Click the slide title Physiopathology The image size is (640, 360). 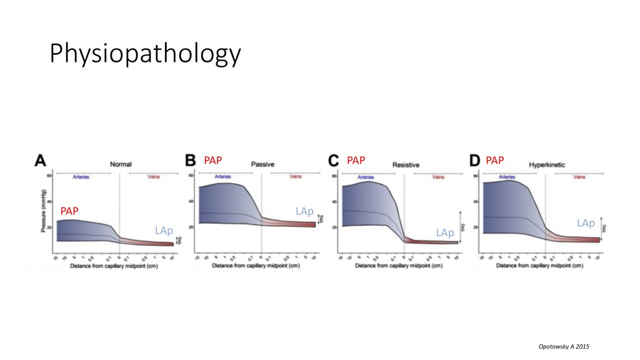[144, 54]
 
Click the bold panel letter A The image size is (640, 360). [40, 161]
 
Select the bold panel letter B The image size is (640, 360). [191, 161]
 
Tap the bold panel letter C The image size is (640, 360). [334, 161]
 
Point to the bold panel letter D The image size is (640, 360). [475, 161]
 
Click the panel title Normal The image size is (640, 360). [121, 164]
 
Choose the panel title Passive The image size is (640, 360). [262, 164]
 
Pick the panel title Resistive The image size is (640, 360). [406, 165]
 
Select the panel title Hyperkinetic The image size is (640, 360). [547, 164]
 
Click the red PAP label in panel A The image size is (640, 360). [69, 211]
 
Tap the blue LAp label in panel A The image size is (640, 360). [164, 231]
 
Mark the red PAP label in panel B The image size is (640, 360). [213, 161]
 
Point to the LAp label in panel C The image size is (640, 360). [445, 232]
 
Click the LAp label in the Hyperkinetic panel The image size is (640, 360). [586, 222]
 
